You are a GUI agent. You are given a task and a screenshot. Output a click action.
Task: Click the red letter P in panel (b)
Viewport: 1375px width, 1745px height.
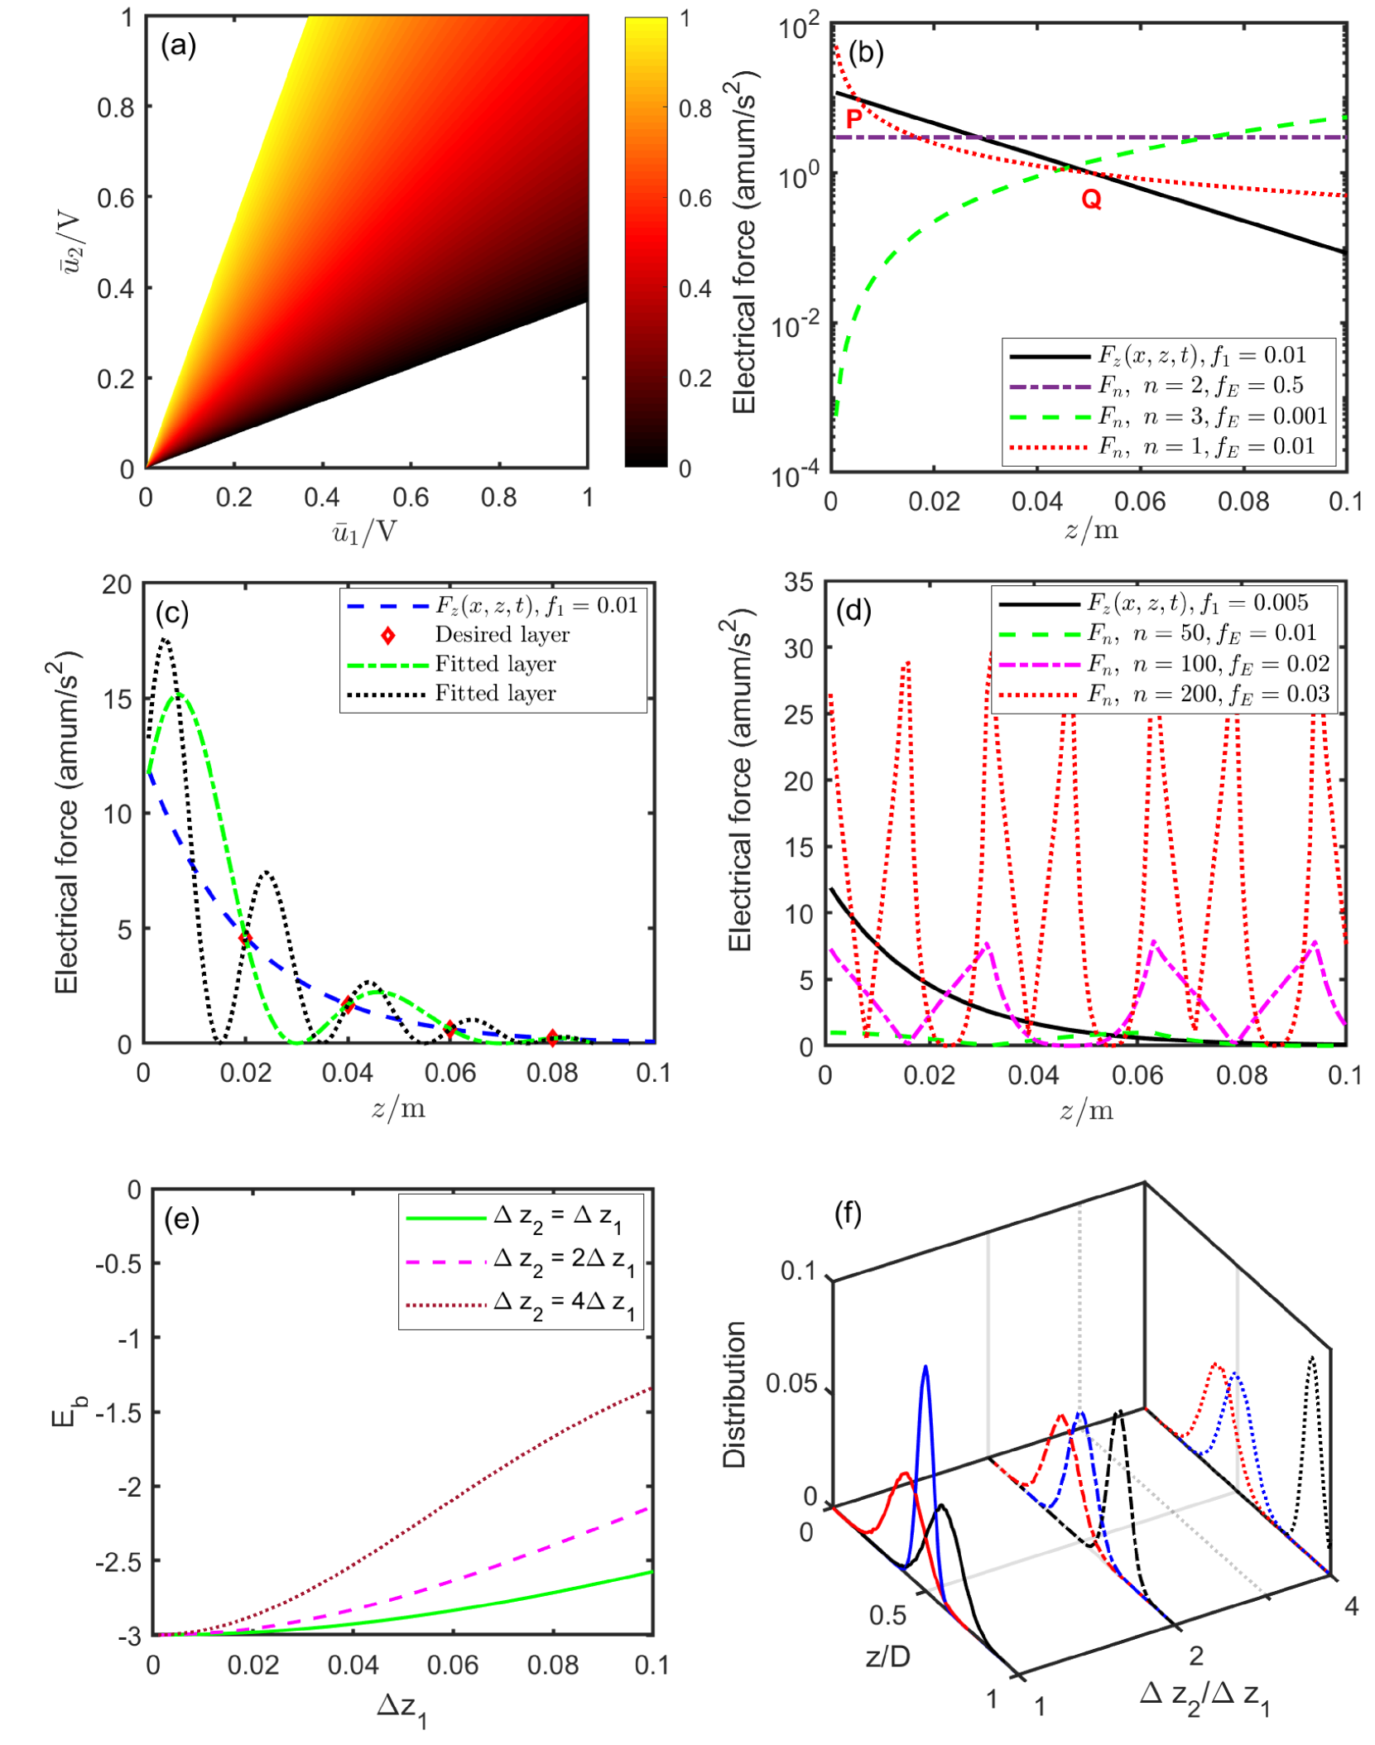(x=853, y=118)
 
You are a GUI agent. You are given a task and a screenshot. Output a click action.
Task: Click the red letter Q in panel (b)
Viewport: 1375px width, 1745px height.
(x=1091, y=199)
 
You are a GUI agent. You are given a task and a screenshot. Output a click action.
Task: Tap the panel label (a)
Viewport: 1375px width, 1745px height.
(x=178, y=45)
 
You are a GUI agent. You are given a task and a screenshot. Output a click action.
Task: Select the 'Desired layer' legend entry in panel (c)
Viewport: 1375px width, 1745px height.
(x=502, y=635)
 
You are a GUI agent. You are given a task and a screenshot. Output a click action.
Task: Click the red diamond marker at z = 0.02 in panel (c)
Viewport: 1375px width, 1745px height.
(x=245, y=939)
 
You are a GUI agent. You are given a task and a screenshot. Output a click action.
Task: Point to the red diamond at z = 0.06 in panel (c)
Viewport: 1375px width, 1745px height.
(x=450, y=1030)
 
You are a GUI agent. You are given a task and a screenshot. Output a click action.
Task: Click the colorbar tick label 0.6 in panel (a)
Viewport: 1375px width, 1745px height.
(x=695, y=199)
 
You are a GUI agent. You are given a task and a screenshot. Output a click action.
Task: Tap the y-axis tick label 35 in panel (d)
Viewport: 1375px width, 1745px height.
(x=799, y=582)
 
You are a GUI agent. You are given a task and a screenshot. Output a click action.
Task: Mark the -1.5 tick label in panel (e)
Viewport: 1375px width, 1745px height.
(x=118, y=1412)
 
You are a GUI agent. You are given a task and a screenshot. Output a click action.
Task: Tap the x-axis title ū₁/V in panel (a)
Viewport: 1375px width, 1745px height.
(x=364, y=531)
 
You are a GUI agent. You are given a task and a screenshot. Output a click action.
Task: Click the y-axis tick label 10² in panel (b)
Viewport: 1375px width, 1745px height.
(x=798, y=28)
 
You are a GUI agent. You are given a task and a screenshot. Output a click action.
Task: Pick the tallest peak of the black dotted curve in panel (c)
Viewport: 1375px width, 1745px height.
(x=166, y=639)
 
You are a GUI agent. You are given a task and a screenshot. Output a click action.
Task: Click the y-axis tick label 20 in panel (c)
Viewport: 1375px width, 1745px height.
(x=117, y=585)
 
